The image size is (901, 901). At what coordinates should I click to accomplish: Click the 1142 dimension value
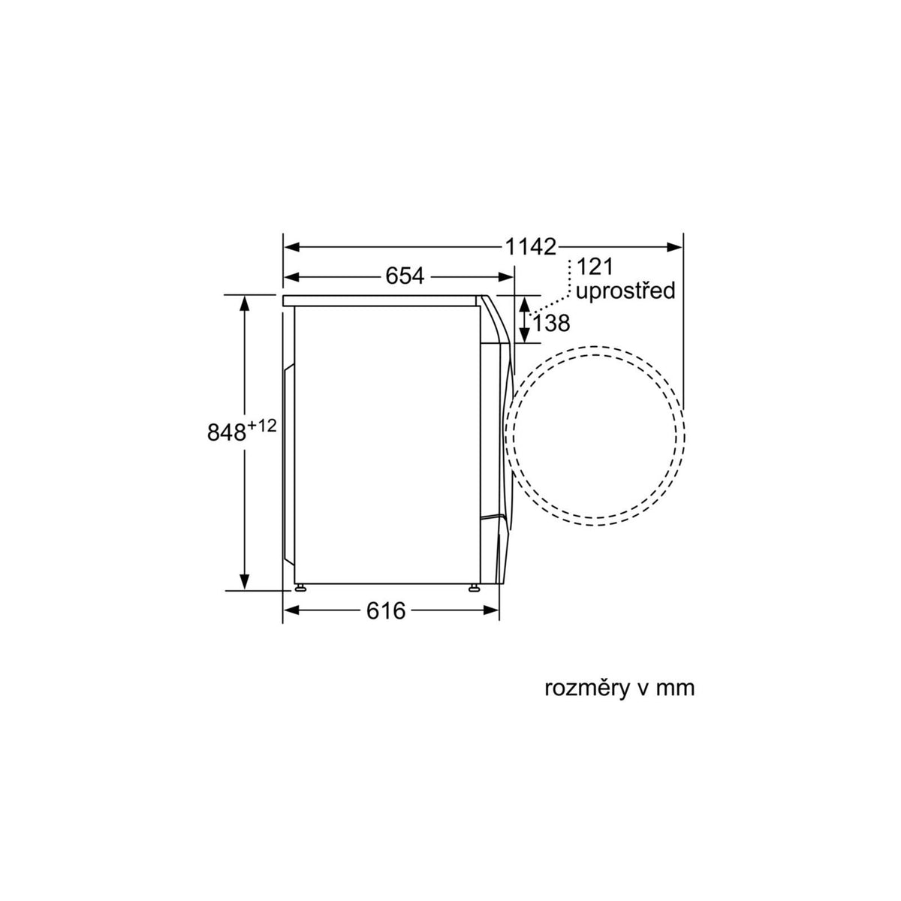click(531, 246)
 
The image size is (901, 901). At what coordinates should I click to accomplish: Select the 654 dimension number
click(405, 276)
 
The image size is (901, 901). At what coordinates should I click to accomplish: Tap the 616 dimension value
click(386, 610)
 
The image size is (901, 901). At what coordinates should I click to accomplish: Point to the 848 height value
click(226, 432)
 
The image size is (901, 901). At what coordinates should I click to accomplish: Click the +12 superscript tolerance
click(262, 426)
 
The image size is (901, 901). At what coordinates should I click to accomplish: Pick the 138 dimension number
click(551, 323)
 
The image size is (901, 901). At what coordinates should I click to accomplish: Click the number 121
click(595, 267)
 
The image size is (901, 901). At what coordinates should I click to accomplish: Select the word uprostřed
click(625, 291)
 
